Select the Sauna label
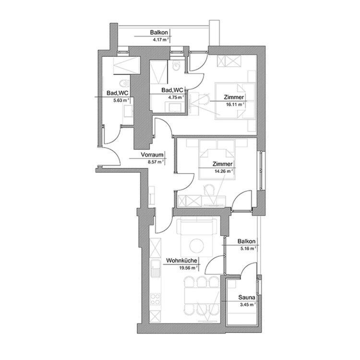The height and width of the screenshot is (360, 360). pyautogui.click(x=247, y=298)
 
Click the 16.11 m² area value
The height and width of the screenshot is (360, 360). pyautogui.click(x=234, y=103)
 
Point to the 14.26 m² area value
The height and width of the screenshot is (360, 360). pyautogui.click(x=223, y=170)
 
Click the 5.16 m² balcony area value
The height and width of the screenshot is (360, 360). pyautogui.click(x=247, y=248)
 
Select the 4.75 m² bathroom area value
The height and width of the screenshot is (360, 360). pyautogui.click(x=175, y=97)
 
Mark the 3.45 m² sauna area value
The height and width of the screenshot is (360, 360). pyautogui.click(x=246, y=305)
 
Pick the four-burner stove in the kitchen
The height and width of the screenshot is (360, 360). pyautogui.click(x=156, y=300)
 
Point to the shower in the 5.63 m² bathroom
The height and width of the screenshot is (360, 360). pyautogui.click(x=126, y=64)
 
